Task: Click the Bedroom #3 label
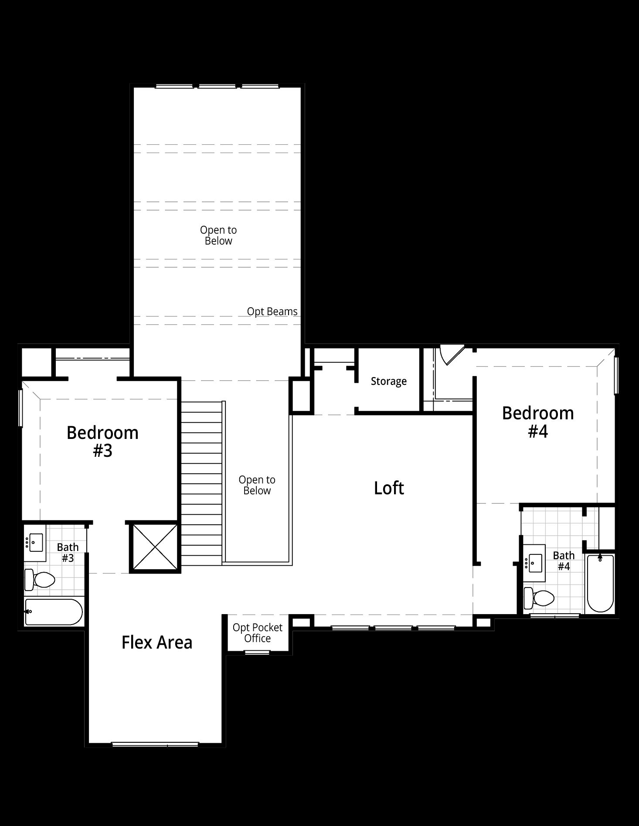102,441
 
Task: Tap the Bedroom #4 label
538,421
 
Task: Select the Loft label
389,488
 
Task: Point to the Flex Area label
157,642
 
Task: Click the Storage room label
389,381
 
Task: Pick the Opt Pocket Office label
257,633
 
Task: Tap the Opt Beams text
272,312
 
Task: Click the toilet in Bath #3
40,580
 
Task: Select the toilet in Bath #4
539,598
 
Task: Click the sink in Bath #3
35,543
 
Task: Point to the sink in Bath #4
534,563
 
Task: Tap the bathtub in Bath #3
54,612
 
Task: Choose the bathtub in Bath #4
600,583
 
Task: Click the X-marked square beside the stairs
155,547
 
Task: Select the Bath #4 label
564,561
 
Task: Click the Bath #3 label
68,552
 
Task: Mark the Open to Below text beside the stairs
257,485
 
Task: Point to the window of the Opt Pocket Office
257,652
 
